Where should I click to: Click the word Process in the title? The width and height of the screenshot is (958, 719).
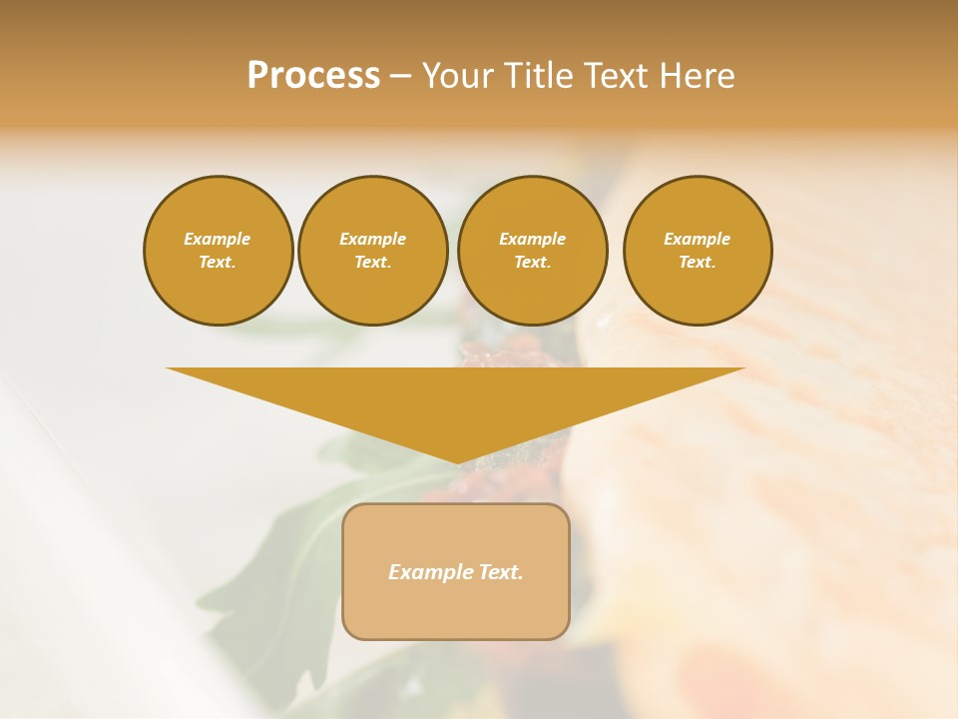point(313,76)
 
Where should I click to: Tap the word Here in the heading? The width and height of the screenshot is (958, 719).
point(695,76)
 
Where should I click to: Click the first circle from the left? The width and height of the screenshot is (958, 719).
point(218,250)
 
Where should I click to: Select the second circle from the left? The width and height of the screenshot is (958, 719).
point(372,250)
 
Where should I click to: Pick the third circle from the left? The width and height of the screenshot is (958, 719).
point(532,250)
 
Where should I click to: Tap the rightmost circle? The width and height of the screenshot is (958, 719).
point(697,250)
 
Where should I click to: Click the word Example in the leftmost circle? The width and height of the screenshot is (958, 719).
point(218,239)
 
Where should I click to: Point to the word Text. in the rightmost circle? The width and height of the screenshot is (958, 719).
point(697,262)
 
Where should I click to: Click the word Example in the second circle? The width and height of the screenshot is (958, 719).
point(372,239)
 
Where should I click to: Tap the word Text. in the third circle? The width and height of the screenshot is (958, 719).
point(532,262)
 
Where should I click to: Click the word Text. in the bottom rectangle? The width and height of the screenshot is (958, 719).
point(501,572)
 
